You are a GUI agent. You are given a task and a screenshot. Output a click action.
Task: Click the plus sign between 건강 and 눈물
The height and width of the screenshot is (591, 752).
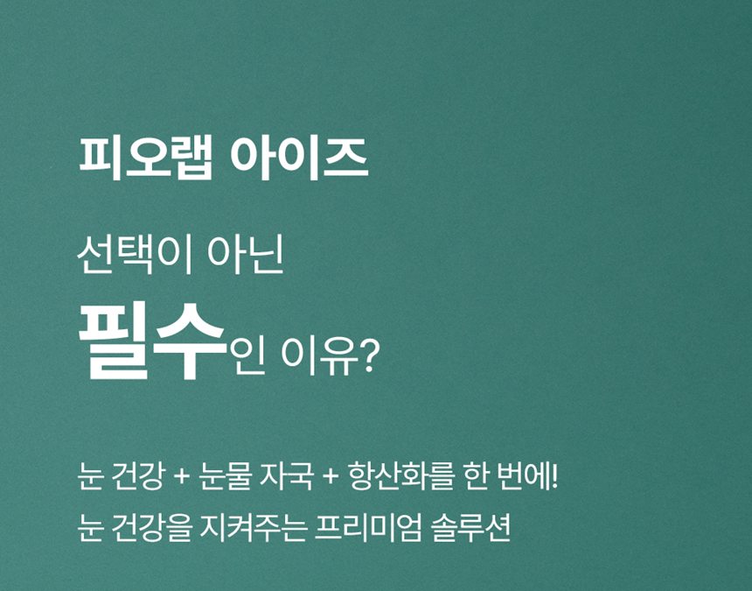pos(181,482)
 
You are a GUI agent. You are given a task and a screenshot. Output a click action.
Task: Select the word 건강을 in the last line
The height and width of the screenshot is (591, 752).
pos(151,529)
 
